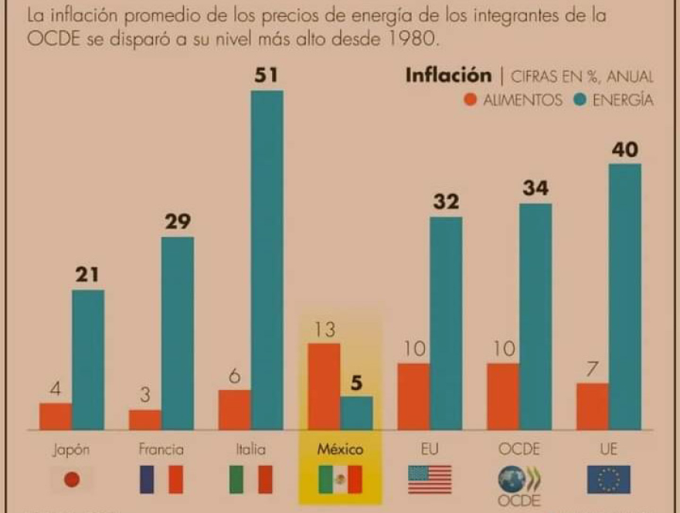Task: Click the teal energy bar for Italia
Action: pos(267,260)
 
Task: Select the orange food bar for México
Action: pos(324,386)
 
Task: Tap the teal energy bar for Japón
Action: pos(88,359)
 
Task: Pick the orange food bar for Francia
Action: pos(145,420)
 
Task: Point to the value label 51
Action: pos(267,76)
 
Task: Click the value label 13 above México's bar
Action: pos(324,330)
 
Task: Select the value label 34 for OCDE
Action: pos(535,189)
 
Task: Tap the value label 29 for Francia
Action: pos(177,222)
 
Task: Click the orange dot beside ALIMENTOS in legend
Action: pos(470,100)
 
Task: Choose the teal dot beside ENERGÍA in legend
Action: pos(580,100)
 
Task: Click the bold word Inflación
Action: pos(448,76)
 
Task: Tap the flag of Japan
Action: pos(72,480)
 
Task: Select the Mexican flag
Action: pos(340,480)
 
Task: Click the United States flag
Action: pos(430,480)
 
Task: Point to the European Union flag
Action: pos(608,480)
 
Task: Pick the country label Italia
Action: pos(250,449)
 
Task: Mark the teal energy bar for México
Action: pos(356,413)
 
